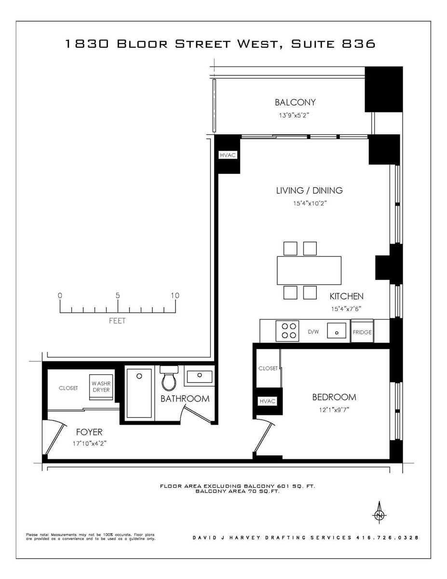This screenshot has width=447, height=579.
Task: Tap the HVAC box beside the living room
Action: click(228, 155)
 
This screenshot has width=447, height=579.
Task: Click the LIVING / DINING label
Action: click(309, 190)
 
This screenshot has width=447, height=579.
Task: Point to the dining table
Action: click(309, 270)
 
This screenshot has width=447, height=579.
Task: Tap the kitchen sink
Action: click(337, 331)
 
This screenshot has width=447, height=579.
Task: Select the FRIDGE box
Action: click(362, 332)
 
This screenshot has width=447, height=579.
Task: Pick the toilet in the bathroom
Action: click(169, 379)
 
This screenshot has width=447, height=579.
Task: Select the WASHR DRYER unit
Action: click(101, 387)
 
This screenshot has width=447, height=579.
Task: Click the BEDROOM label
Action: click(334, 398)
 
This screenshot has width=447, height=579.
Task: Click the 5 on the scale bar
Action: click(117, 295)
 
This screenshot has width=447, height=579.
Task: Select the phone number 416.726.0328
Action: click(387, 538)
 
